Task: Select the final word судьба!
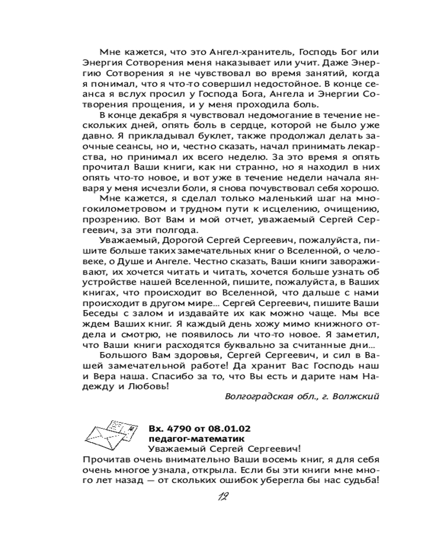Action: coord(359,480)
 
